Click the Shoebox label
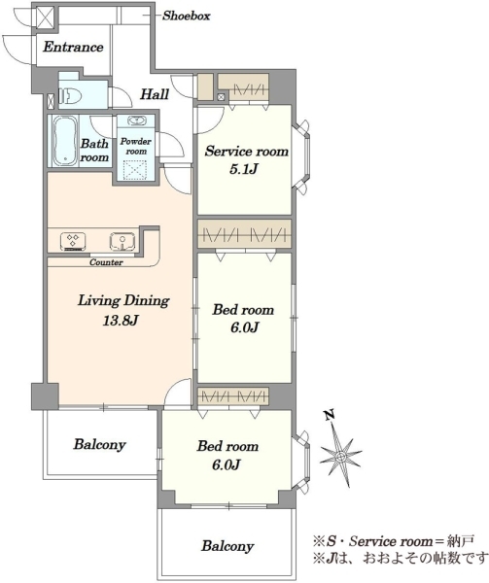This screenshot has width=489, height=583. tap(187, 16)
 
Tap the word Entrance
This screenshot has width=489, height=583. tap(73, 47)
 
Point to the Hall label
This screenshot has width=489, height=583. tap(155, 94)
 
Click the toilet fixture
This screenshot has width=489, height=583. tap(70, 96)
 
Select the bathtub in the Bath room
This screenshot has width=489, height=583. tap(65, 141)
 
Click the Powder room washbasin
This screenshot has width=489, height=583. tap(136, 120)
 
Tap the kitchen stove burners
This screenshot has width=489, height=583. tap(73, 240)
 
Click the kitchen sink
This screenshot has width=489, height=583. tap(122, 241)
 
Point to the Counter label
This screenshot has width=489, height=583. tap(106, 262)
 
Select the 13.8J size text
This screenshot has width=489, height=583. tap(121, 320)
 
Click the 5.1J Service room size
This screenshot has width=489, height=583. tap(244, 169)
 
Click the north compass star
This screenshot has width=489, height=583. tap(340, 457)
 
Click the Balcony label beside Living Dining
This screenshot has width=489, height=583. tap(100, 445)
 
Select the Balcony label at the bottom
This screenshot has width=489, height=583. tap(227, 546)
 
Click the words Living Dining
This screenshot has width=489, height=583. tap(123, 300)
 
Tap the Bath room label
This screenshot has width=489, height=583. tap(95, 151)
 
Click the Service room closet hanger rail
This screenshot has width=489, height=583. tap(249, 89)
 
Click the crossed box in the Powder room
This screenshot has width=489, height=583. tap(136, 169)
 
